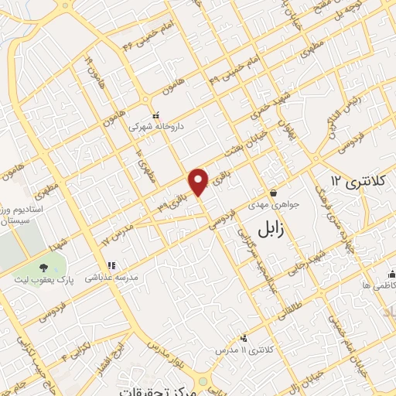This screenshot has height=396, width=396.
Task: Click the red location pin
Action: click(x=200, y=181)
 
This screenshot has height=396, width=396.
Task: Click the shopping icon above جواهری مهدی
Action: click(x=273, y=193)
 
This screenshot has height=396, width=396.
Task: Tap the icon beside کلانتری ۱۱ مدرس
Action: click(x=244, y=338)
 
